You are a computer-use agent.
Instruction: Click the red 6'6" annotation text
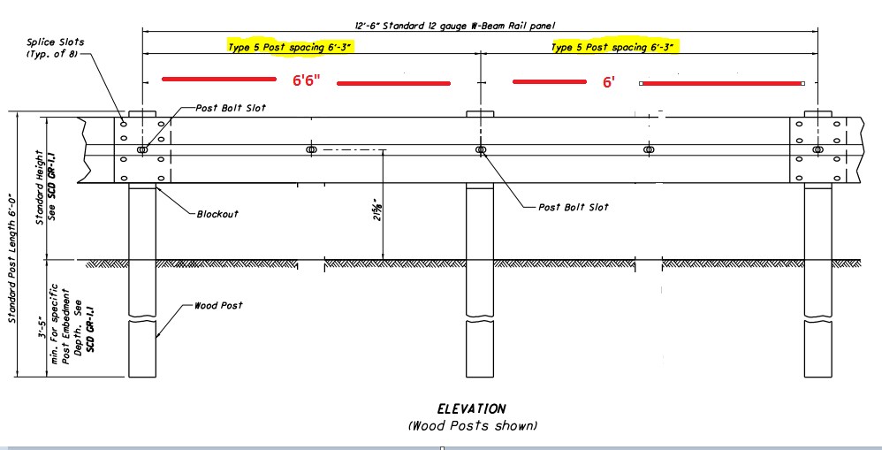click(306, 80)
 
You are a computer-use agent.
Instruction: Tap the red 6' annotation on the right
click(608, 82)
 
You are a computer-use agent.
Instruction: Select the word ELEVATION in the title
click(471, 409)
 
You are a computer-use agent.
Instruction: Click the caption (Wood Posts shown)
click(473, 426)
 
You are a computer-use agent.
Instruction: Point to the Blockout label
click(217, 214)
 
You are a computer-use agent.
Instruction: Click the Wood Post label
click(218, 305)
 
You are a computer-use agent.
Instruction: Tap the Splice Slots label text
click(55, 42)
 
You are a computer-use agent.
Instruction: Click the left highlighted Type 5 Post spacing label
click(291, 47)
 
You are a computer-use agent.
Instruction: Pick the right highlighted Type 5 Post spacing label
click(615, 47)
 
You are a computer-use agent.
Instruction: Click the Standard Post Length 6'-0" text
click(12, 259)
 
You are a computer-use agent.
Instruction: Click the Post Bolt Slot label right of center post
click(574, 207)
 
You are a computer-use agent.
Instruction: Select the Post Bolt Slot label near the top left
click(231, 108)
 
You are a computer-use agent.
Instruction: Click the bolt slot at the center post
click(481, 149)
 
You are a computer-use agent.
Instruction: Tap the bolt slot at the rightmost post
click(817, 149)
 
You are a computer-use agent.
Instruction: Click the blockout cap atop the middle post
click(481, 114)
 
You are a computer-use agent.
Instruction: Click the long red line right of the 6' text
click(722, 83)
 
